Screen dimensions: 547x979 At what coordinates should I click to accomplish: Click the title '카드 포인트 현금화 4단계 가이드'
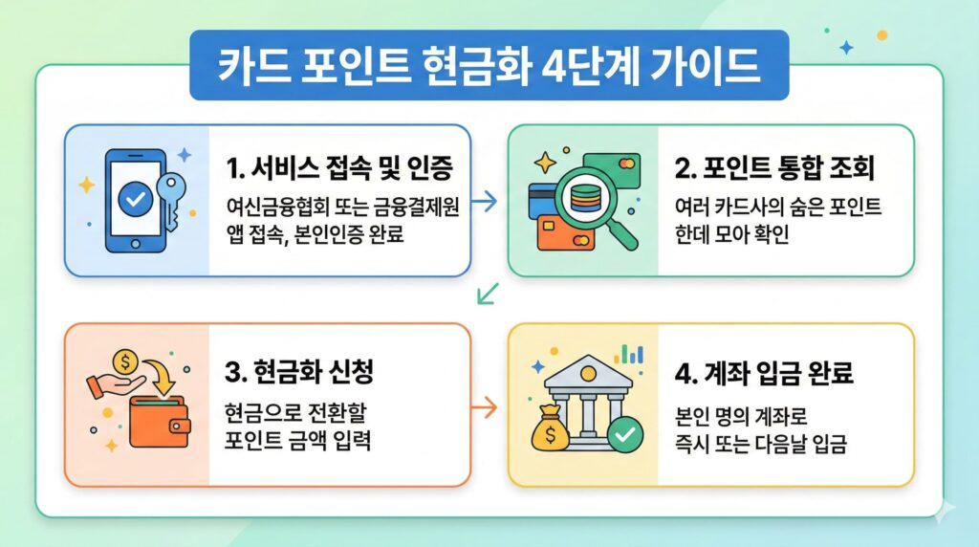pyautogui.click(x=489, y=65)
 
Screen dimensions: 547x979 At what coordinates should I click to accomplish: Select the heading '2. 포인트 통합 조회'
pyautogui.click(x=775, y=170)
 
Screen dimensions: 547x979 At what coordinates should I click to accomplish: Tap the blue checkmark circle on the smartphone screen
pyautogui.click(x=135, y=198)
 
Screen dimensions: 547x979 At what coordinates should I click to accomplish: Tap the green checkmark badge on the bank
pyautogui.click(x=625, y=436)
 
